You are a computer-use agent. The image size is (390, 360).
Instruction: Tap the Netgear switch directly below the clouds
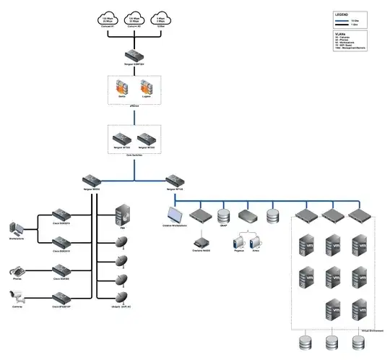click(134, 55)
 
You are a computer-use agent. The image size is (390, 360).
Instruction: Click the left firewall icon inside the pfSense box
click(123, 88)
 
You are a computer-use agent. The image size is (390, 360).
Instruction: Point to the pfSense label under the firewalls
click(134, 106)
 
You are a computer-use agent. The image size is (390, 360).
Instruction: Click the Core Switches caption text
click(134, 155)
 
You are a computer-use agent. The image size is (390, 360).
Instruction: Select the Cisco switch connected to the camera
click(60, 296)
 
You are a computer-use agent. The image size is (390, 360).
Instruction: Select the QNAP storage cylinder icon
click(223, 215)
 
